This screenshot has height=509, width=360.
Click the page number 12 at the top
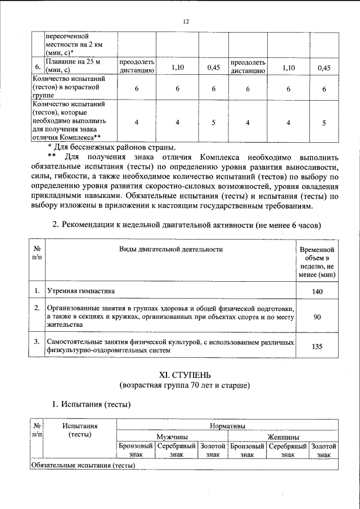pos(185,21)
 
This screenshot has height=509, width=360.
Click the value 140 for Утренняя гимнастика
pos(317,292)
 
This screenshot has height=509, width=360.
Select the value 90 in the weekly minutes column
pos(317,317)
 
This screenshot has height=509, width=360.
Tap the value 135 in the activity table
pos(317,346)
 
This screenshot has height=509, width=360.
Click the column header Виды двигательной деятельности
pos(170,249)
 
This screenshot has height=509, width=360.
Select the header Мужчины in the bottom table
pos(172,436)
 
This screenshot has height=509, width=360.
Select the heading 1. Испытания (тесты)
pos(91,404)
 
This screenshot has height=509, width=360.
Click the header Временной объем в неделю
pos(317,262)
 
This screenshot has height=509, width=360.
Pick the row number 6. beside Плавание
pos(37,66)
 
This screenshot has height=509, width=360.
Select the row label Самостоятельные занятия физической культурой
pos(170,346)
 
